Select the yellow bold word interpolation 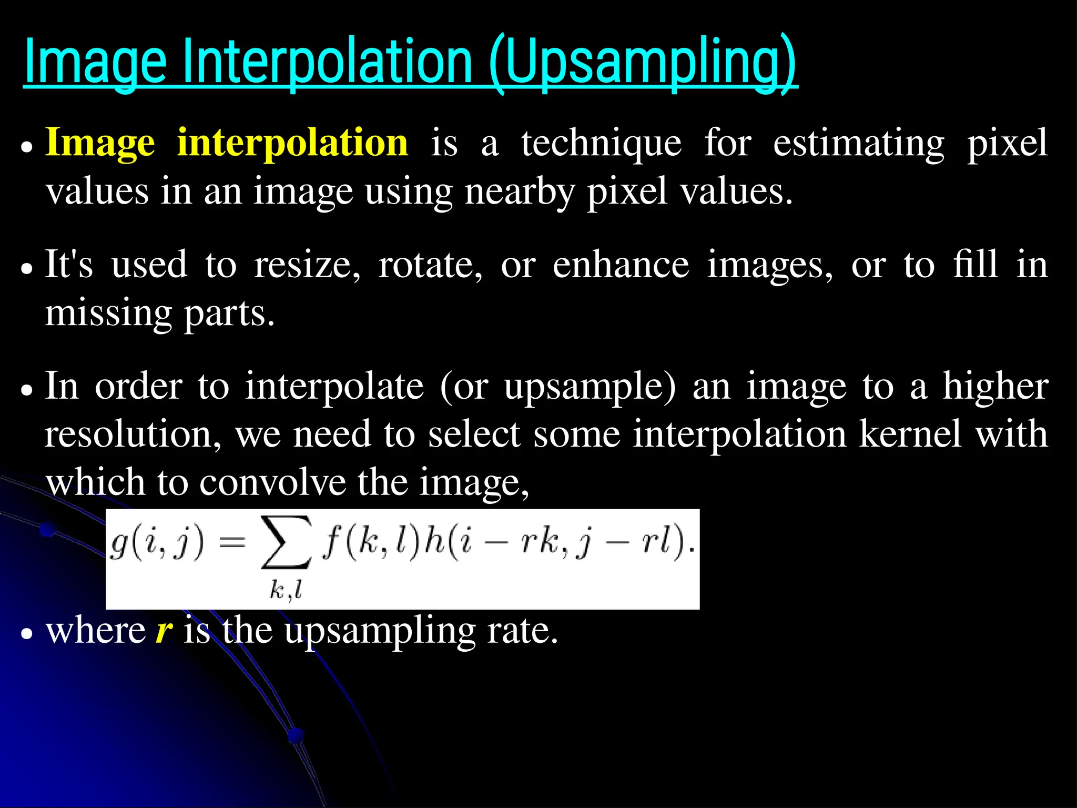292,143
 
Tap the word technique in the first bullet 601,143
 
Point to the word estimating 858,143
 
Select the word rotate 430,265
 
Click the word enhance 621,265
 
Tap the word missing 108,314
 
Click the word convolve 272,482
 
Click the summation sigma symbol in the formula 286,543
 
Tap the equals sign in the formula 232,542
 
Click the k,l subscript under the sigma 286,590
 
